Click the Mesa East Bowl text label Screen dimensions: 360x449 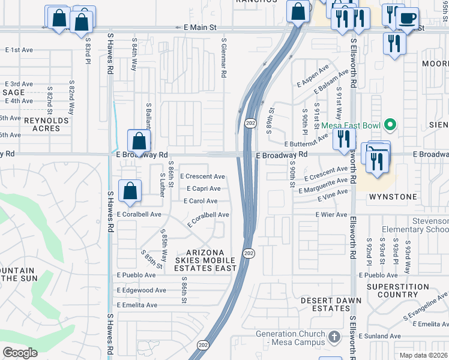(x=351, y=125)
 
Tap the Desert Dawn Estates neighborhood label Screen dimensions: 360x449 (x=331, y=304)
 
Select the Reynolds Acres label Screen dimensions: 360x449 (x=46, y=124)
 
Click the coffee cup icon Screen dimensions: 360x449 (x=408, y=17)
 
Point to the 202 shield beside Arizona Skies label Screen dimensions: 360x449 (x=249, y=253)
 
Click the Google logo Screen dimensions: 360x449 (x=20, y=353)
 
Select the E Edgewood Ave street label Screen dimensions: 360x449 (x=142, y=290)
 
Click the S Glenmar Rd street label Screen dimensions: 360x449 (x=223, y=58)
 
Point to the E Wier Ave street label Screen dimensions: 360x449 (x=331, y=215)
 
